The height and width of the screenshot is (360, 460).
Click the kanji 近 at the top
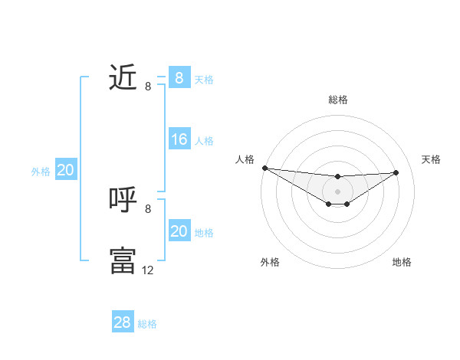(123, 77)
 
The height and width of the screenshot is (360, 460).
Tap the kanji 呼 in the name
(123, 199)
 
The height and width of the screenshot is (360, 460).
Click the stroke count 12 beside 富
(147, 270)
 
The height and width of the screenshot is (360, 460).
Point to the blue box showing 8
(179, 78)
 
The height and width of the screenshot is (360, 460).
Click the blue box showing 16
(179, 139)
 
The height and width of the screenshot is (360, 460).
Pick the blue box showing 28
(123, 322)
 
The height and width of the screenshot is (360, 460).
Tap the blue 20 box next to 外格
(65, 170)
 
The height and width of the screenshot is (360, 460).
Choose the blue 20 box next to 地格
(179, 231)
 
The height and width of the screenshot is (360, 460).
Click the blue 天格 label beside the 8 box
(204, 80)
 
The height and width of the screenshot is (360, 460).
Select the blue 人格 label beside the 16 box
(204, 141)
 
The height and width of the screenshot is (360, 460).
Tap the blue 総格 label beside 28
(147, 324)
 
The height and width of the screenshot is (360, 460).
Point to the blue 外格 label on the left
(41, 172)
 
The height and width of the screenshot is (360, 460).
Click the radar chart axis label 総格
(338, 100)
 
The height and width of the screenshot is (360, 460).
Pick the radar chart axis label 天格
(431, 159)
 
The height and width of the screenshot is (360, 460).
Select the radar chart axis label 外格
(270, 263)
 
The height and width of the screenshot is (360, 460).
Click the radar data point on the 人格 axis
(264, 168)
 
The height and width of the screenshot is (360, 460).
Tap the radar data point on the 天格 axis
(396, 172)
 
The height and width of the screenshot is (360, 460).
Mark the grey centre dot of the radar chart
(338, 191)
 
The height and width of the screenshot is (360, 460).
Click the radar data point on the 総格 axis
(338, 177)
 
